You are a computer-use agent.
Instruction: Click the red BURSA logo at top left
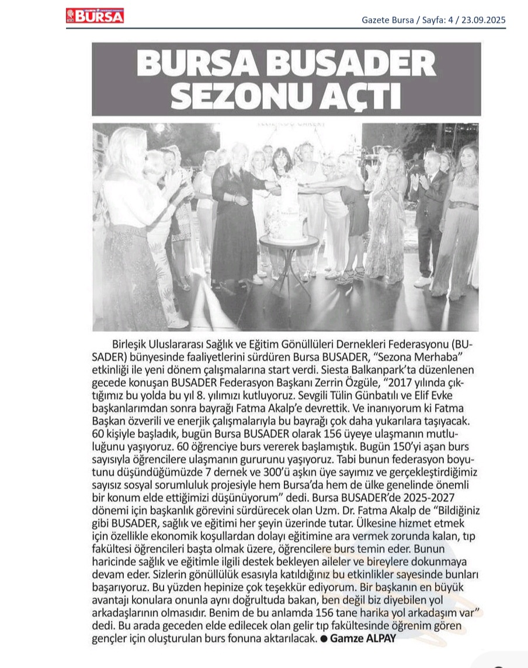[x=95, y=16]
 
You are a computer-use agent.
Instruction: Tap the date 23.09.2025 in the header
[x=482, y=19]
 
